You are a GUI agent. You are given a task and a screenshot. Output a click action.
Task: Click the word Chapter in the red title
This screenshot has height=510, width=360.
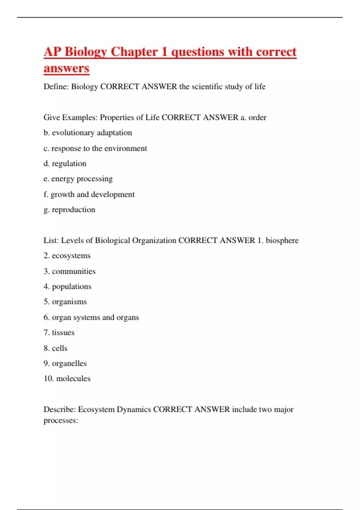pyautogui.click(x=134, y=52)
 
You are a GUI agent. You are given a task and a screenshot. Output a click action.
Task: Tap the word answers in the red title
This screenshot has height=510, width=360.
pyautogui.click(x=66, y=68)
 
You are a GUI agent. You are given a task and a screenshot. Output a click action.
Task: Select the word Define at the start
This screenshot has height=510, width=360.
pyautogui.click(x=56, y=87)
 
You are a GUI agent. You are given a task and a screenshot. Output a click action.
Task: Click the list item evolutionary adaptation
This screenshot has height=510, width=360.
pyautogui.click(x=92, y=133)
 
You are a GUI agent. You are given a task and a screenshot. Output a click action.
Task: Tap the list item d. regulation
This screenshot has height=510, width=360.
pyautogui.click(x=65, y=163)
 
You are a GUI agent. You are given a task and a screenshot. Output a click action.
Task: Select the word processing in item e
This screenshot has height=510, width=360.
pyautogui.click(x=94, y=179)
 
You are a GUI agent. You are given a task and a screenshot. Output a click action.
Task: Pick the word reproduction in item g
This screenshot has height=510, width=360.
pyautogui.click(x=73, y=209)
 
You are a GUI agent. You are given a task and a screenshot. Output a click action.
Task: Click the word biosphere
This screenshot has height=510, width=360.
pyautogui.click(x=282, y=240)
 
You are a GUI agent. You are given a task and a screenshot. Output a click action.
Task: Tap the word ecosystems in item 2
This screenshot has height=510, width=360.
pyautogui.click(x=71, y=256)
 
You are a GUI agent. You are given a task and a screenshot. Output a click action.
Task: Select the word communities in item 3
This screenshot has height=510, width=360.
pyautogui.click(x=73, y=271)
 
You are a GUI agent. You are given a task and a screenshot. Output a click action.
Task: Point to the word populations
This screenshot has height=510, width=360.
pyautogui.click(x=71, y=286)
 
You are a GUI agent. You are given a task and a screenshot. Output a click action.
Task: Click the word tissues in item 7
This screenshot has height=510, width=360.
pyautogui.click(x=63, y=332)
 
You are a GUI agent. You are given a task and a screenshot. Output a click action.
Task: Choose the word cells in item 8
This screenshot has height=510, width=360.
pyautogui.click(x=59, y=348)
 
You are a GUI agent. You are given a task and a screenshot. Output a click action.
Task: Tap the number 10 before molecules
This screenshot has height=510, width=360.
pyautogui.click(x=48, y=379)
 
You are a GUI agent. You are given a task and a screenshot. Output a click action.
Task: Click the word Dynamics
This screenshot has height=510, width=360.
pyautogui.click(x=134, y=409)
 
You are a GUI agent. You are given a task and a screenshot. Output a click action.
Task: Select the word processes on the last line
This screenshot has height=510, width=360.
pyautogui.click(x=60, y=420)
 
